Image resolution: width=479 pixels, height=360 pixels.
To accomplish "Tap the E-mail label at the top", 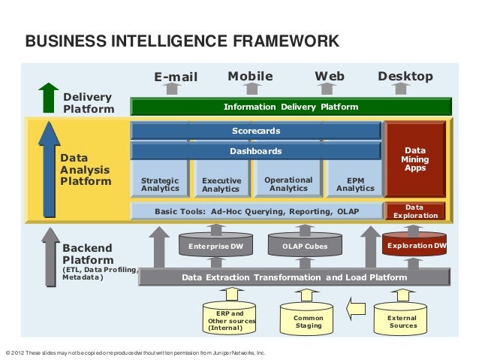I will point(175,77).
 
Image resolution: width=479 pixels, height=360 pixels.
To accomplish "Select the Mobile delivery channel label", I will point(250,76).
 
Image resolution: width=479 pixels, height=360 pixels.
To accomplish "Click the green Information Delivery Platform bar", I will point(291,107).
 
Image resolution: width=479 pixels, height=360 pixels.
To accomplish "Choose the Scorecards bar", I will point(255,131).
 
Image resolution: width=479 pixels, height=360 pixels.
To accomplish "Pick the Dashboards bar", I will point(255,151).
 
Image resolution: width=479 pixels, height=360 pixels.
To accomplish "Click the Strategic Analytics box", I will point(160,184).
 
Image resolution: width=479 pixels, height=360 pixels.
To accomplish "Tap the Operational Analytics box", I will point(288,184).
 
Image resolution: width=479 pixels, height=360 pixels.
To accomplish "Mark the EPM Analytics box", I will point(355,184).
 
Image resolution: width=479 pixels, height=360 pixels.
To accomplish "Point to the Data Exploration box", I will point(414,211).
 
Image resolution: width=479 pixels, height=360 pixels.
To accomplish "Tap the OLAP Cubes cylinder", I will point(305,246).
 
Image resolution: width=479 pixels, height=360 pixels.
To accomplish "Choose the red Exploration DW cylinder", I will point(415,246).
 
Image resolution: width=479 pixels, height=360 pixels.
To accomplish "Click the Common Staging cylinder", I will point(309,320).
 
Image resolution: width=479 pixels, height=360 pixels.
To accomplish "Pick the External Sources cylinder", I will point(402,320).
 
